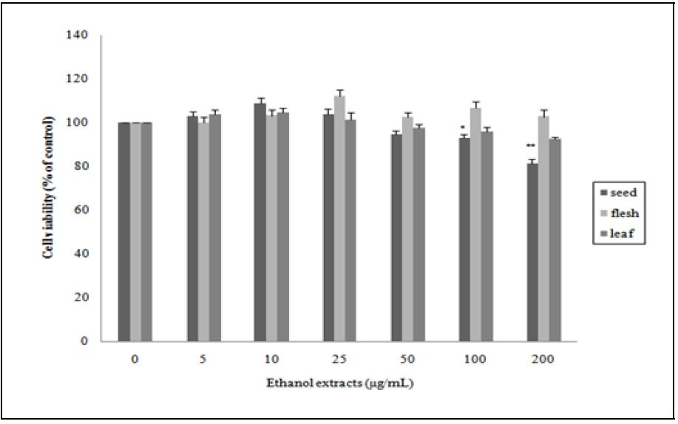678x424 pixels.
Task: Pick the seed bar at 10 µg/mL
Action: (x=260, y=222)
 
